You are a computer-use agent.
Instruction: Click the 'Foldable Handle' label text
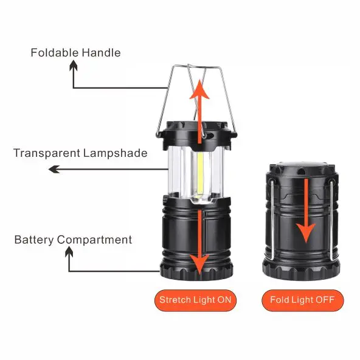tap(75, 53)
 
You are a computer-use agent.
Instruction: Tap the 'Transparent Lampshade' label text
tap(80, 153)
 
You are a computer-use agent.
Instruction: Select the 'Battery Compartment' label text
tap(73, 240)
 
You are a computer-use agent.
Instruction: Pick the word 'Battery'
tap(35, 240)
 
